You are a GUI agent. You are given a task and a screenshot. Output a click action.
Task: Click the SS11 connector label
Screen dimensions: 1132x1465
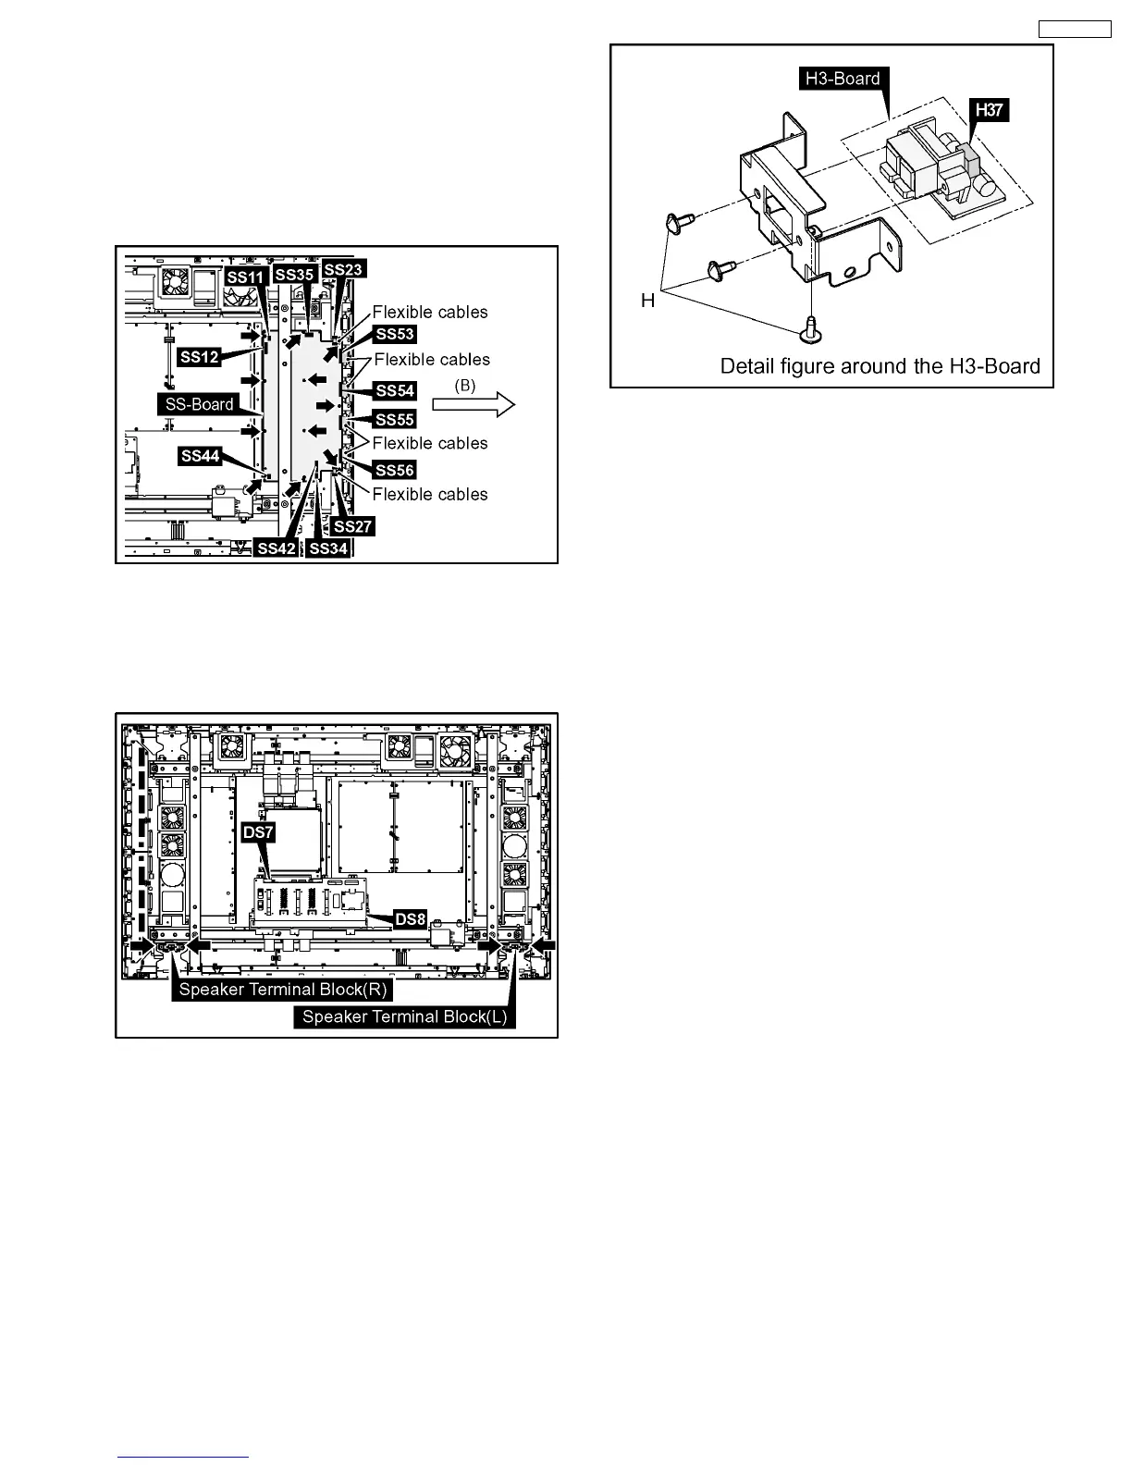click(247, 277)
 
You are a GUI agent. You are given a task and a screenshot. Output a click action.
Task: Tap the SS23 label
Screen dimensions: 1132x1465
click(344, 269)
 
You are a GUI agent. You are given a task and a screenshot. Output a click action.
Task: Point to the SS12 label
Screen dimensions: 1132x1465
click(200, 356)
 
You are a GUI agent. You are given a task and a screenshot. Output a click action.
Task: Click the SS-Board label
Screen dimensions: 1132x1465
click(199, 403)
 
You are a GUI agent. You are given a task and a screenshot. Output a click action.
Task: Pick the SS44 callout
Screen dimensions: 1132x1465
click(201, 455)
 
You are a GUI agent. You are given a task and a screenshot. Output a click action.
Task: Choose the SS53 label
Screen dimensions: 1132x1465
click(395, 334)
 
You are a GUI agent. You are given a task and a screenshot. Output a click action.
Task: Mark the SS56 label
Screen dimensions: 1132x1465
click(395, 470)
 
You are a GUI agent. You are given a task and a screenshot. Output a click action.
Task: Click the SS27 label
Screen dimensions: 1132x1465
click(352, 526)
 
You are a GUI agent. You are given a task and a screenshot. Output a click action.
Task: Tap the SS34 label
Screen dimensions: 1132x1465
click(328, 548)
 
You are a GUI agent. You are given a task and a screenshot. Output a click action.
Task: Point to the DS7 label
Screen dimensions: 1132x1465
click(257, 832)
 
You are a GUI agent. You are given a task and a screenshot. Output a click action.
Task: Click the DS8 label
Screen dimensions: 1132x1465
click(411, 919)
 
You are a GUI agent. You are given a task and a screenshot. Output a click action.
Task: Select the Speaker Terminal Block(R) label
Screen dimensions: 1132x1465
click(283, 990)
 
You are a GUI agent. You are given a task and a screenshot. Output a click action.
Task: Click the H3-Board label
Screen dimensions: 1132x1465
click(842, 79)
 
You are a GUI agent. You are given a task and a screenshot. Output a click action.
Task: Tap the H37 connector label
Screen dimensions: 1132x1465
click(989, 110)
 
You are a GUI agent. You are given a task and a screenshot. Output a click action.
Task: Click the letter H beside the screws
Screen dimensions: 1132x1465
click(648, 301)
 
